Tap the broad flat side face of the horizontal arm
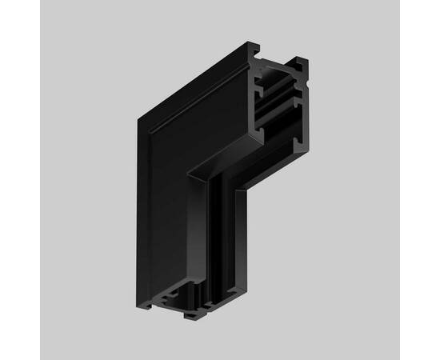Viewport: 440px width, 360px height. pyautogui.click(x=184, y=120)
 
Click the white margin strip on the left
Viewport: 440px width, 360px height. pyautogui.click(x=20, y=180)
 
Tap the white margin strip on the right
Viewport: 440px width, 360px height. pyautogui.click(x=420, y=180)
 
